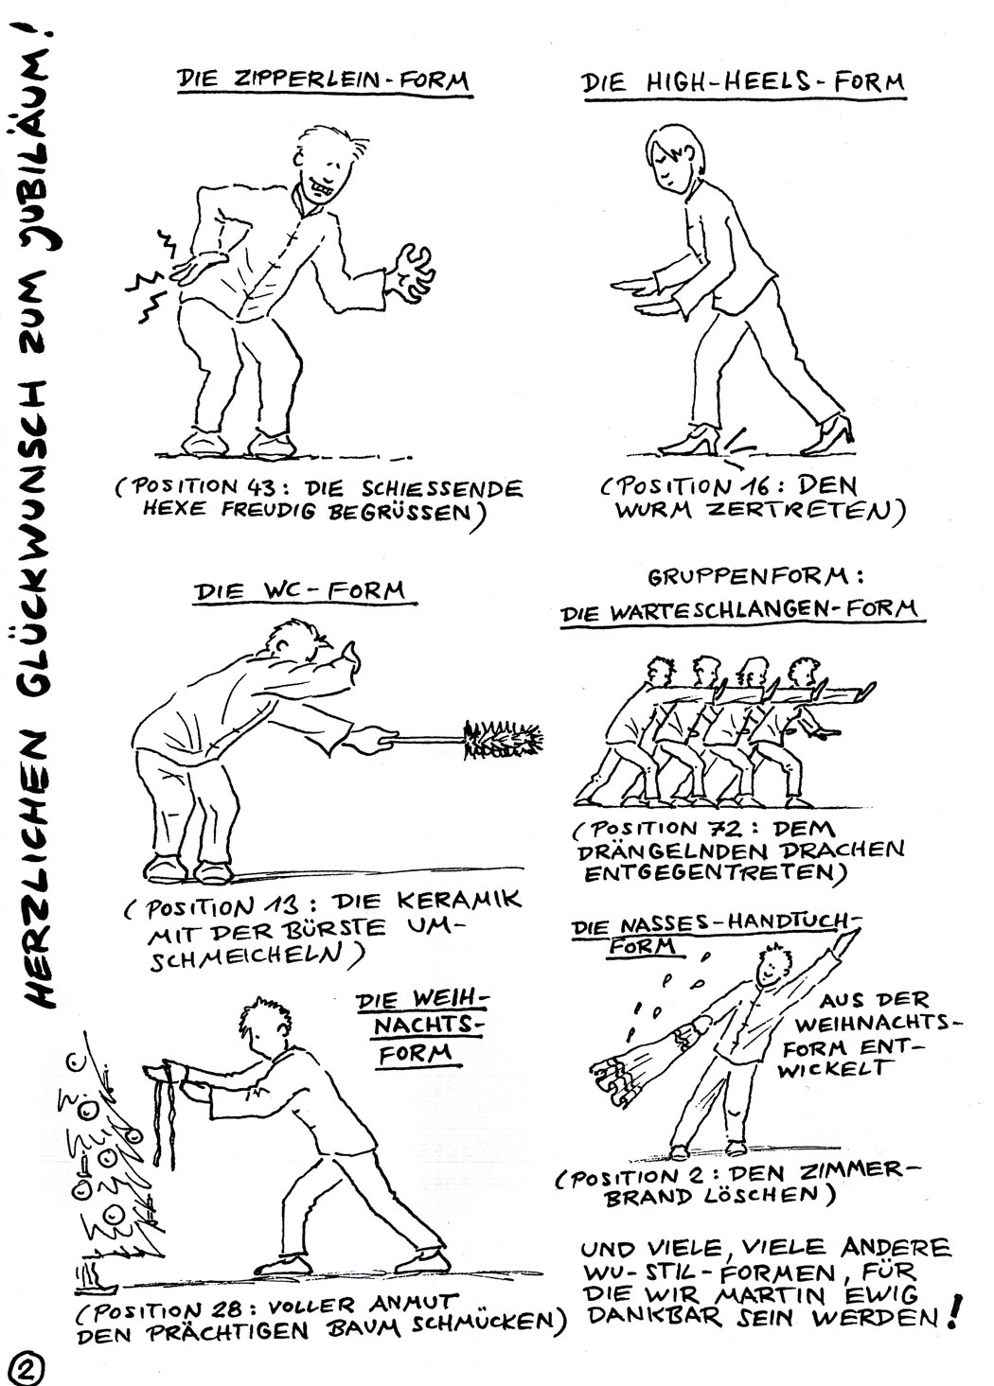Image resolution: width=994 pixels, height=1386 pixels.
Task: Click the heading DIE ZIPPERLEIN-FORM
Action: [x=323, y=82]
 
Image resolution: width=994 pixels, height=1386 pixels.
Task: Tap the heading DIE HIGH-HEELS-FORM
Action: [x=743, y=83]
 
